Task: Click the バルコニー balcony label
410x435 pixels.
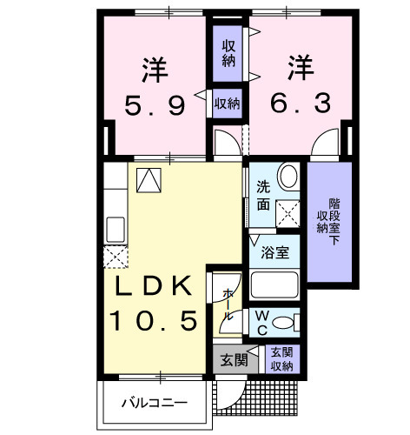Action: [155, 402]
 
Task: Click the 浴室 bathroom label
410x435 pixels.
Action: [275, 253]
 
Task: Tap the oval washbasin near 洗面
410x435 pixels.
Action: [288, 177]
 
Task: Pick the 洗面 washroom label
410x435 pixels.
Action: [261, 195]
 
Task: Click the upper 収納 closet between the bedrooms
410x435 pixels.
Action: [228, 54]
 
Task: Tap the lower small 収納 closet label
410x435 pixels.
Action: [228, 103]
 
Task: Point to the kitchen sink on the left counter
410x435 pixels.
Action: [116, 231]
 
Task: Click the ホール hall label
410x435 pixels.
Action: [228, 304]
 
